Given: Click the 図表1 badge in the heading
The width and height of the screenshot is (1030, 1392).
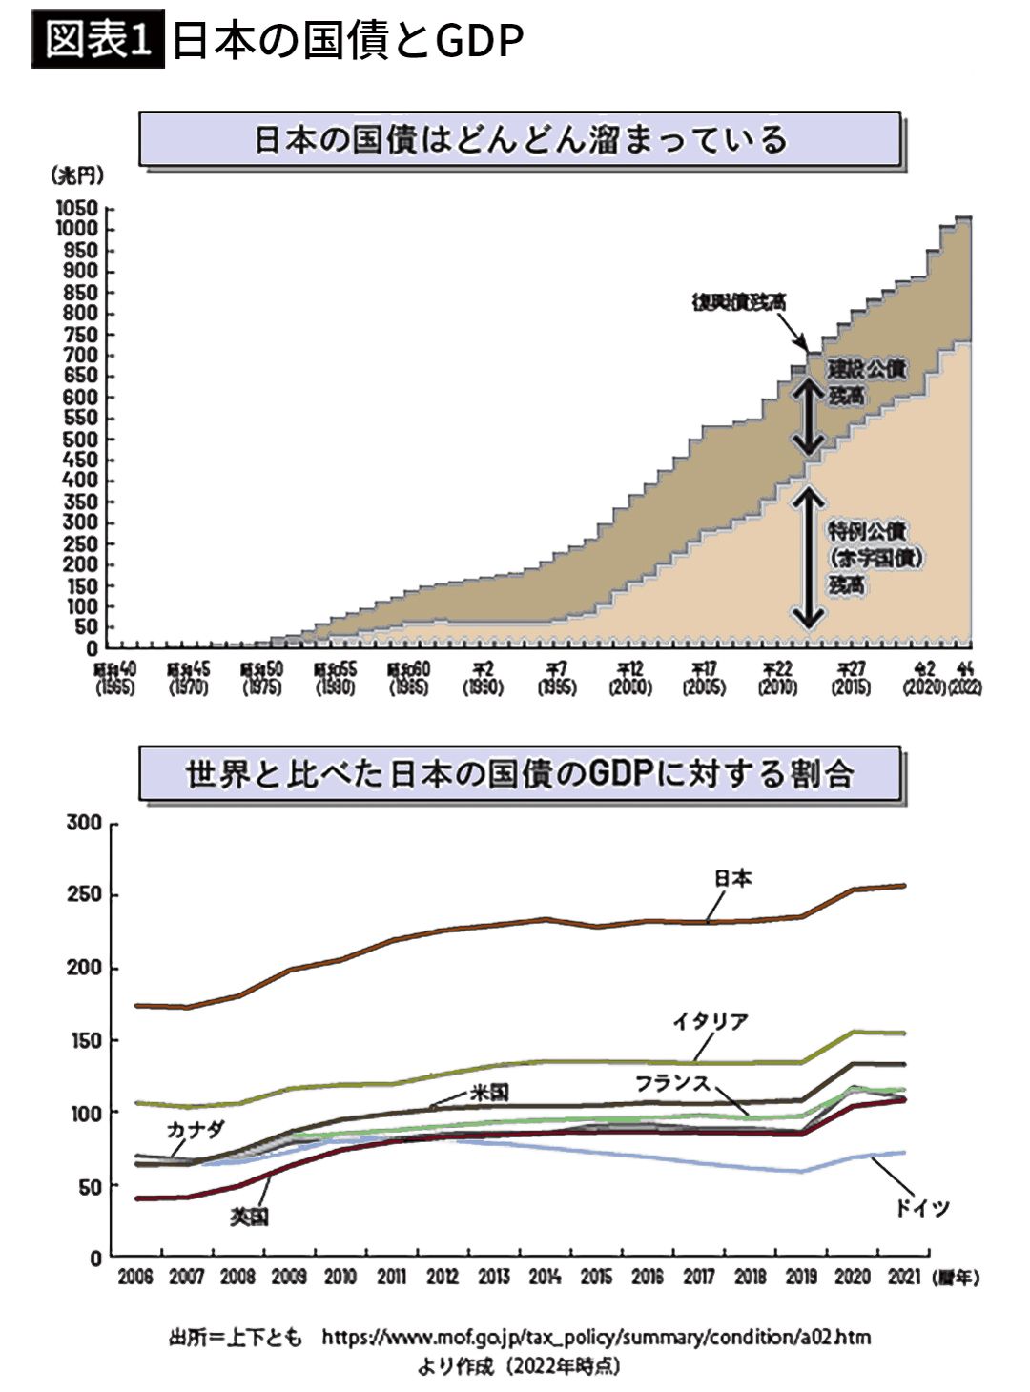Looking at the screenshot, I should (x=97, y=40).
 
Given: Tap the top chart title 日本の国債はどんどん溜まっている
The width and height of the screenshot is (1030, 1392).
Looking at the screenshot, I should (x=521, y=140).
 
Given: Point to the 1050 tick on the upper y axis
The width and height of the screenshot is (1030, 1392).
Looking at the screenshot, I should (x=76, y=208).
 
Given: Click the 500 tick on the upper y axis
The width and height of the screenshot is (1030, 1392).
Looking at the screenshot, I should (x=80, y=439).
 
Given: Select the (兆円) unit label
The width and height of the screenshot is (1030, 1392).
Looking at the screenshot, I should (x=76, y=175).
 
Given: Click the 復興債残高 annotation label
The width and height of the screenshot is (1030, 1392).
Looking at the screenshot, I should (x=739, y=302).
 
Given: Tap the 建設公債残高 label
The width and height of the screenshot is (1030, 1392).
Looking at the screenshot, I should (x=865, y=380).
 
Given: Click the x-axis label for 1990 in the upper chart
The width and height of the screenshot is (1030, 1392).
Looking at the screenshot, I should (x=483, y=678).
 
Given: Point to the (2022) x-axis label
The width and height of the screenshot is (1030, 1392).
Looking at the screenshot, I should (x=964, y=686).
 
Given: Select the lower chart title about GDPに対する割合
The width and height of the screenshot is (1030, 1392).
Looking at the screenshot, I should (x=521, y=773).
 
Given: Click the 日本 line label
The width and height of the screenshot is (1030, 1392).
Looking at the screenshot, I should (x=732, y=878).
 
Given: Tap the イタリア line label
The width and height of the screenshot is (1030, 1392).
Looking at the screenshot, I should (x=711, y=1021).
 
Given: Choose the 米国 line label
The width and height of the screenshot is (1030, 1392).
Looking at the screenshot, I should (x=489, y=1093).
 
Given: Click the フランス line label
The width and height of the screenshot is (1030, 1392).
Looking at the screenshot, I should (x=673, y=1083).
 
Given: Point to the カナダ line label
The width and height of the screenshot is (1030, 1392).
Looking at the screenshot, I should (x=196, y=1130).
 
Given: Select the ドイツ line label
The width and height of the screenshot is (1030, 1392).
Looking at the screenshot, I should (x=922, y=1208).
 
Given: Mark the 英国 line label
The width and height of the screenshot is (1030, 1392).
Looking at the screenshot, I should (x=250, y=1217).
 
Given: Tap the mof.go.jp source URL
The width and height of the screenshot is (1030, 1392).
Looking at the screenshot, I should (x=596, y=1337).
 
